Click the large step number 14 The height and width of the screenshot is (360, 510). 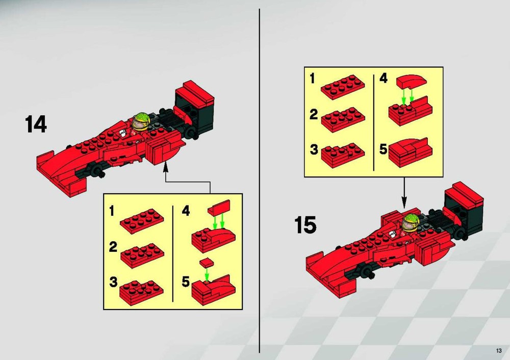coord(36,124)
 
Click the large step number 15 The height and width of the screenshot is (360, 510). coord(305,225)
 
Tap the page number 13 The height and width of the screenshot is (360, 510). coord(499,350)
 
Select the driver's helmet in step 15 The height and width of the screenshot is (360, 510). coord(411,221)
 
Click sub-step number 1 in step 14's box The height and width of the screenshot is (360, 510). coord(112,211)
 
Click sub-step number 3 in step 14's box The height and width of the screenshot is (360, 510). coord(113,282)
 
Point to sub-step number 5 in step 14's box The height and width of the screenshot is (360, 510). coord(186,281)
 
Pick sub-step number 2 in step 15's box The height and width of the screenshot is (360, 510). coord(314,114)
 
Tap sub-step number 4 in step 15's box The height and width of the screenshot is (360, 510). coord(384,79)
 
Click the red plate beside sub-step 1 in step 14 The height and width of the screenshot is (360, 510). coord(142,221)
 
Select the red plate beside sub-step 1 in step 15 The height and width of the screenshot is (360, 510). coord(343,87)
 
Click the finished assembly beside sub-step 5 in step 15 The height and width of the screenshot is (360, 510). coord(411,152)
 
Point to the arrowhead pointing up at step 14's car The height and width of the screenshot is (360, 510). coord(166,167)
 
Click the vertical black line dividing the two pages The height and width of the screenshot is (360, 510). coord(259,181)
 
